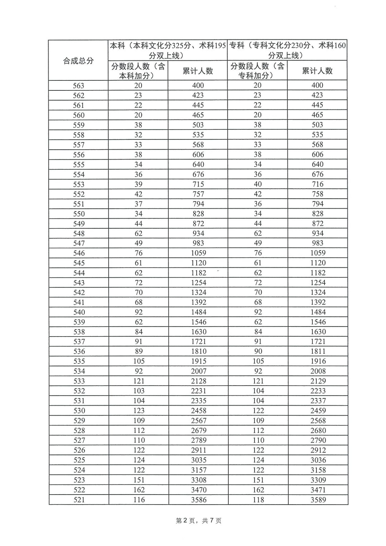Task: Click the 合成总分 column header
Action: [78, 61]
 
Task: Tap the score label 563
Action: [78, 86]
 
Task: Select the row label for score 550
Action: [79, 214]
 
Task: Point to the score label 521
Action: [79, 500]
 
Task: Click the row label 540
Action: [79, 312]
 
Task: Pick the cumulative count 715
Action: [198, 184]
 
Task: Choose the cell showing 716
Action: [317, 184]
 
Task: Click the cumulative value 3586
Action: [199, 500]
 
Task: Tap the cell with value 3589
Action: [318, 500]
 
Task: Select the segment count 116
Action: [139, 500]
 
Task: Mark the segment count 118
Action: [258, 500]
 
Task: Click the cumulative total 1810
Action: [199, 352]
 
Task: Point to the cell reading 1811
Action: [318, 352]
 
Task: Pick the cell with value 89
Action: [139, 352]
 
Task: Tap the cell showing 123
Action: [139, 411]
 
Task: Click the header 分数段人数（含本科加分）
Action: [138, 71]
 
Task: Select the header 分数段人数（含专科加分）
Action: [257, 71]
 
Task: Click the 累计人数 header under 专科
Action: [317, 71]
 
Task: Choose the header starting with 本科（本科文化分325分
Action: [168, 50]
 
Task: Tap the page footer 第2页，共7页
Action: [199, 521]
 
